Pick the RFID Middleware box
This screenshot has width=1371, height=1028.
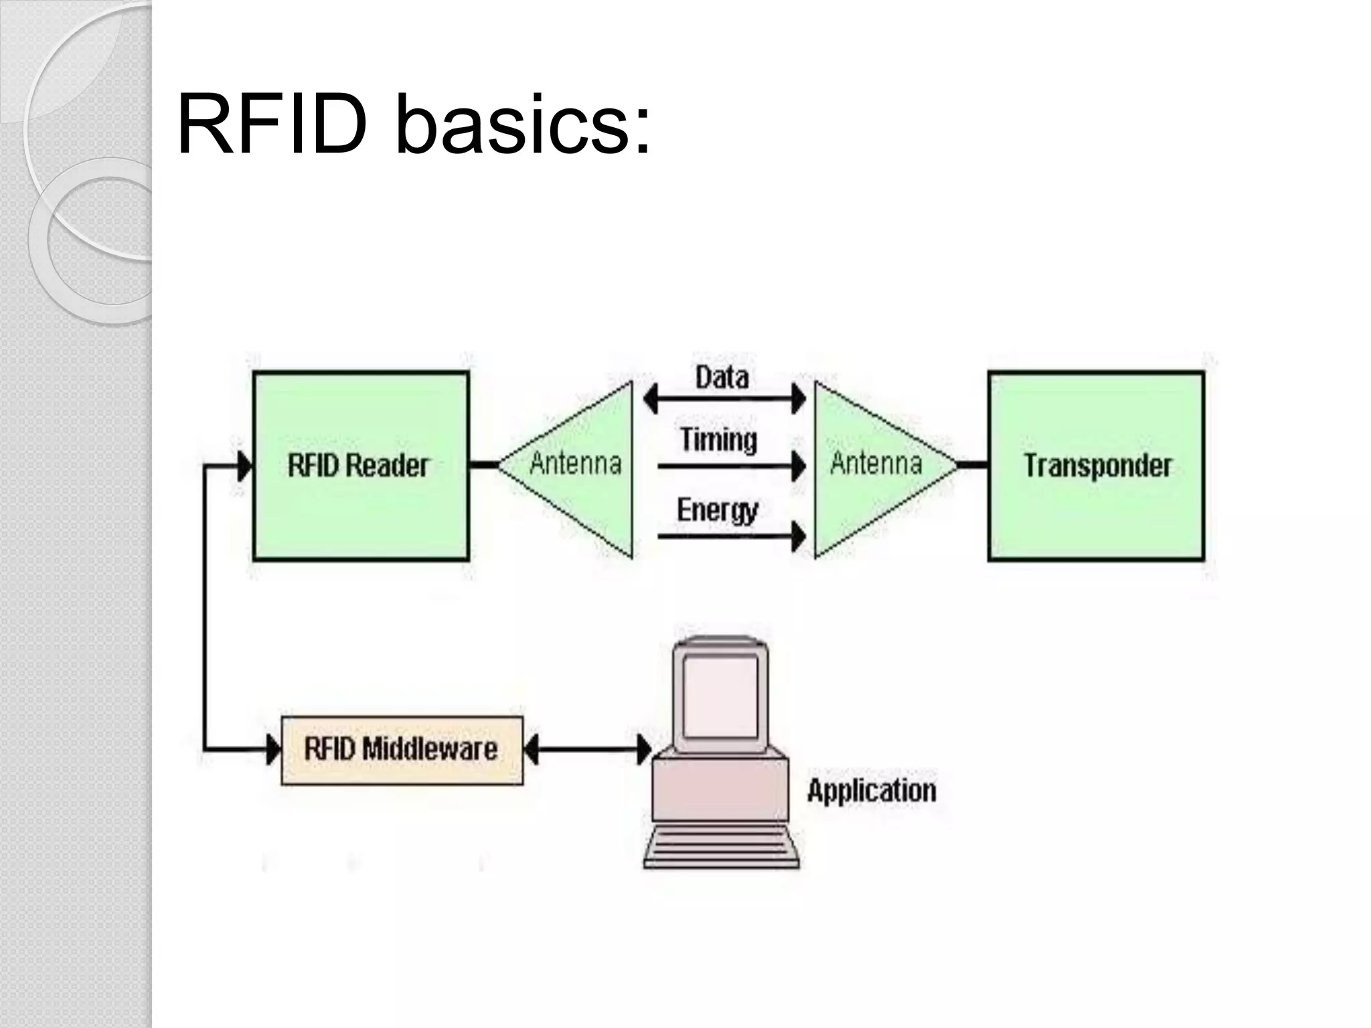(x=402, y=750)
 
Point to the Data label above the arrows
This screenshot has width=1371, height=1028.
(x=722, y=377)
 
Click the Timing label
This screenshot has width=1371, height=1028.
(x=718, y=440)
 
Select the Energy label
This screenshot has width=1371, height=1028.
(x=717, y=511)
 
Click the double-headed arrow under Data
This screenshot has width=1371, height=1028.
(x=724, y=400)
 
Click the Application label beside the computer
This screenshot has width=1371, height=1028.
(x=871, y=791)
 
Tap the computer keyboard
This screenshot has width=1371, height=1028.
(x=722, y=846)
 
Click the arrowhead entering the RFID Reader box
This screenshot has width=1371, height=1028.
(x=245, y=466)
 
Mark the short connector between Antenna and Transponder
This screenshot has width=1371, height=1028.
(x=973, y=464)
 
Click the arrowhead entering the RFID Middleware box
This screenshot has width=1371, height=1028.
(x=273, y=750)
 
